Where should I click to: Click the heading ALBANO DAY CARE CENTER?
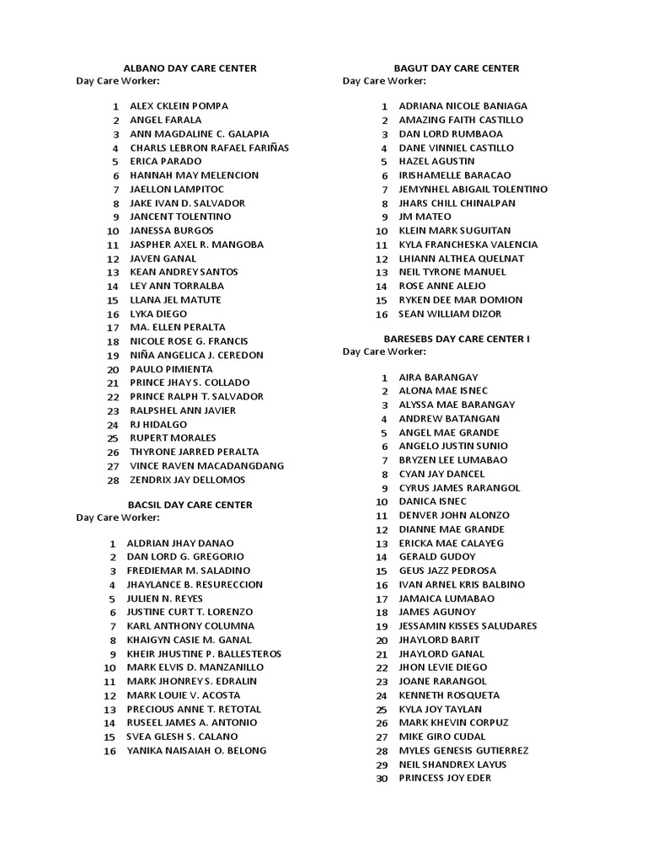190,68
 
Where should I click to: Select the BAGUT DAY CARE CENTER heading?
457,68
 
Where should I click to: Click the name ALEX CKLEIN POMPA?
179,106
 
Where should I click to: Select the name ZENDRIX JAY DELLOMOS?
187,480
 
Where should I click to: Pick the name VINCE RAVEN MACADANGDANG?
206,466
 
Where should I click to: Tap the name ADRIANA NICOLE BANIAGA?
463,106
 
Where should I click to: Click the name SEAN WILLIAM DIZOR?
449,314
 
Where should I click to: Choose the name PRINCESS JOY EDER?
445,778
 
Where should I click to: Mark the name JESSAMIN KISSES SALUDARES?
468,626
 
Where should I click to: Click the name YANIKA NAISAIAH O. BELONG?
196,750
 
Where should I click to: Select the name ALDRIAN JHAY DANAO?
180,544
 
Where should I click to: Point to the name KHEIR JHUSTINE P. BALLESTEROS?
204,654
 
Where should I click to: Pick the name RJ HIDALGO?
158,425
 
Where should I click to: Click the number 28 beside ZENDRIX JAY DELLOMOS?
113,480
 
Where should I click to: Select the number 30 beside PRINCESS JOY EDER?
382,778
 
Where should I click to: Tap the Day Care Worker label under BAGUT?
384,81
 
